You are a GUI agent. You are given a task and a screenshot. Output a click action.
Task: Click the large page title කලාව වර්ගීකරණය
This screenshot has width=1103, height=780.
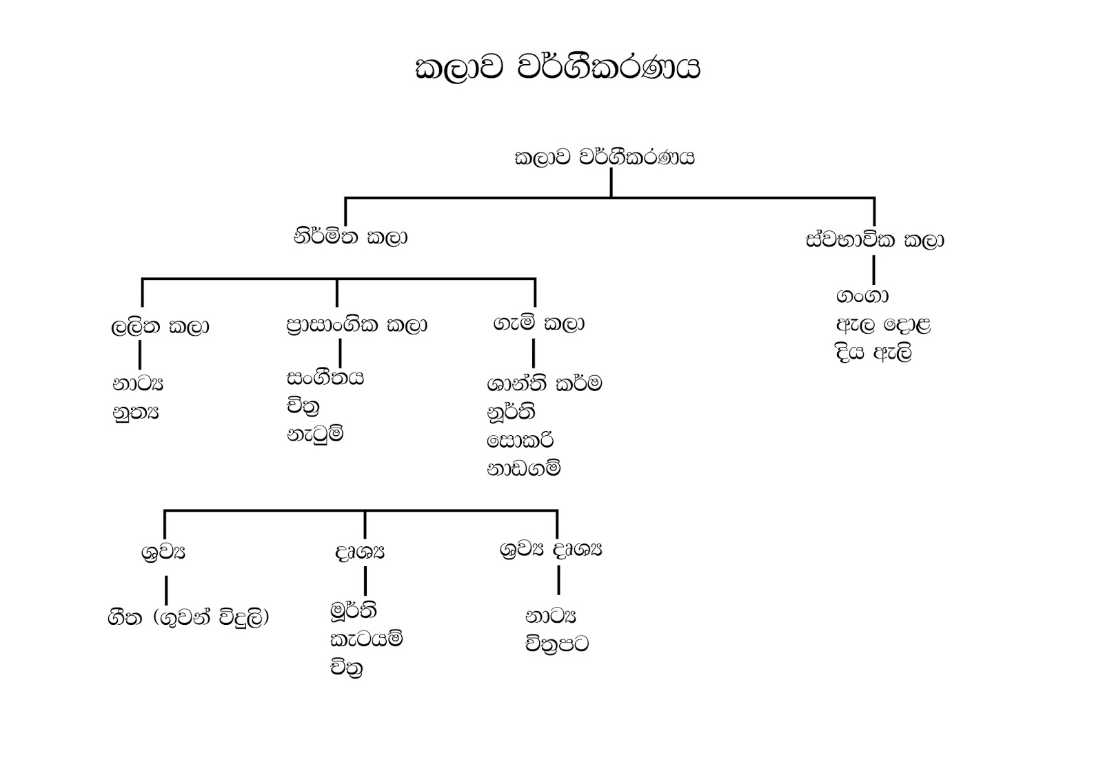point(557,69)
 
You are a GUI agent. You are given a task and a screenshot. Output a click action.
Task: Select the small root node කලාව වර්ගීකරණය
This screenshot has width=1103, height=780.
point(605,158)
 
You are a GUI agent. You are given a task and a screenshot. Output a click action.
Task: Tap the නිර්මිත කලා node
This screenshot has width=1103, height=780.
point(350,237)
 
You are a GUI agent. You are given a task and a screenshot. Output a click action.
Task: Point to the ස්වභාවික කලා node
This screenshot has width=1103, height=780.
point(874,240)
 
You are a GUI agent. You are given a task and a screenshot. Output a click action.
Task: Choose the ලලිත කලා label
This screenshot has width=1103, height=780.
point(160,326)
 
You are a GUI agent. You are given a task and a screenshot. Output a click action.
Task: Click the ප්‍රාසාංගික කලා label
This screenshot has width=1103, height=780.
point(356,325)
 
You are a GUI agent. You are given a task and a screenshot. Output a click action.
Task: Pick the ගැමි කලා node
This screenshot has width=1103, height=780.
point(538,323)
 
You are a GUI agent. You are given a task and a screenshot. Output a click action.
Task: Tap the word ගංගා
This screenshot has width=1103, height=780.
point(862,296)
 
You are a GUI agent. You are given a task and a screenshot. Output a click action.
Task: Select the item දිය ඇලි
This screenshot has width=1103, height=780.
point(873,353)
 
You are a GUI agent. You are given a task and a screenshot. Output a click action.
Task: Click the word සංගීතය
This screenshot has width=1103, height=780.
point(325,378)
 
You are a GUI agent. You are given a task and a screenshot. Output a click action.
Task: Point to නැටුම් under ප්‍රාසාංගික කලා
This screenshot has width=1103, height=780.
point(315,434)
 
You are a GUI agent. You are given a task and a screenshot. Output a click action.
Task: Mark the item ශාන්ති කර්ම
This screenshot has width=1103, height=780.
point(544,383)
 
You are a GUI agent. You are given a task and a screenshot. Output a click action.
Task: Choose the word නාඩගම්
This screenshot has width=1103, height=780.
point(523,469)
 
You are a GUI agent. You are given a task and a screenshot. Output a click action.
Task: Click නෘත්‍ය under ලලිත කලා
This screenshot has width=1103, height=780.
point(136,412)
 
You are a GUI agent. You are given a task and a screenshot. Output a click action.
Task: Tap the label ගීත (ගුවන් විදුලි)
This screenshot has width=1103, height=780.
point(188,617)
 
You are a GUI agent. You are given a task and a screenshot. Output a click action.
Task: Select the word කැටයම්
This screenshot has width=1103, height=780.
point(366,639)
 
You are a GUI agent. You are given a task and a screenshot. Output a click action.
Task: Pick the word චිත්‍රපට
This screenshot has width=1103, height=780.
point(557,644)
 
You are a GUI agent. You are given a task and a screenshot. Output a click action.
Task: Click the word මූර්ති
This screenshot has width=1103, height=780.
point(353,610)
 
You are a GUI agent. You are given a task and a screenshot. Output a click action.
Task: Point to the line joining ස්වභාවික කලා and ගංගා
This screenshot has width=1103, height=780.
point(873,270)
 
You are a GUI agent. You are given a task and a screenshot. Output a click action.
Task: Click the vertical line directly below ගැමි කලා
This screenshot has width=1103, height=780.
point(534,354)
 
